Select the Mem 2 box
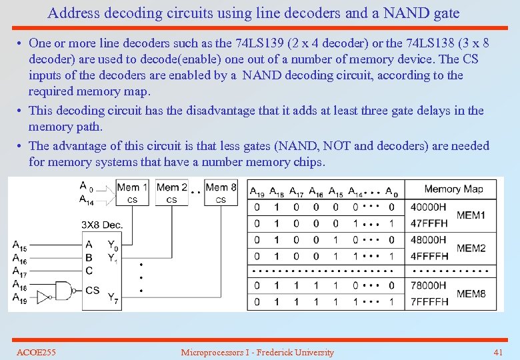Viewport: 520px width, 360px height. (x=171, y=192)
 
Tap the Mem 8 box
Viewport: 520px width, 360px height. (x=221, y=192)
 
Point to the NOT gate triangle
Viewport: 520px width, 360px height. (x=44, y=295)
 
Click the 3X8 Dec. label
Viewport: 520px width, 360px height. (x=102, y=225)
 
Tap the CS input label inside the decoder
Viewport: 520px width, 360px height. (x=93, y=291)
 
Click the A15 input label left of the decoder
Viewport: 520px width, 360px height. (x=20, y=245)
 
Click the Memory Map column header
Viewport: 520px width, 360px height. (x=453, y=189)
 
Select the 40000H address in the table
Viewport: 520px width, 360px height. (x=429, y=207)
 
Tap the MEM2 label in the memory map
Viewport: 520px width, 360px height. (x=471, y=248)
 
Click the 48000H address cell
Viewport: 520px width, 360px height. (x=429, y=239)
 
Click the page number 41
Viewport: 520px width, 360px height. (x=497, y=352)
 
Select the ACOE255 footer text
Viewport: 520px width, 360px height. (x=36, y=352)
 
